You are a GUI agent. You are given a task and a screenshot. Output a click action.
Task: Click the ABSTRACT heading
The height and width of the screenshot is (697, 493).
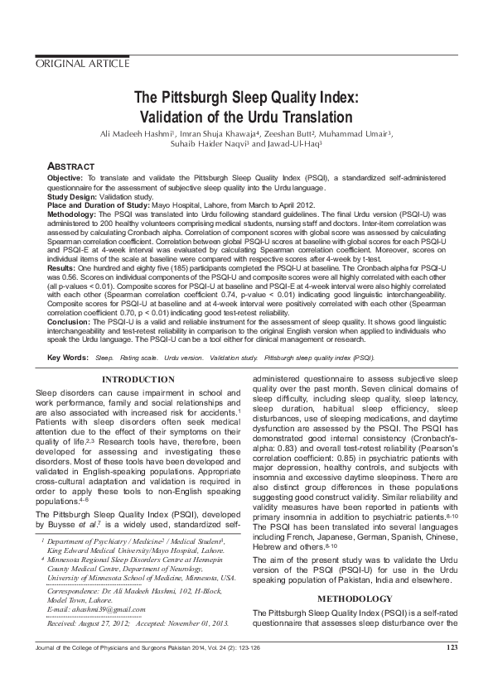pyautogui.click(x=70, y=166)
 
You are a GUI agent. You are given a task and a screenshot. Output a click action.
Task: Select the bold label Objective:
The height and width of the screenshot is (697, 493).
pyautogui.click(x=65, y=177)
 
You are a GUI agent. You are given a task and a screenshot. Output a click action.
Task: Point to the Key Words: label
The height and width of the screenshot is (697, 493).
pyautogui.click(x=67, y=358)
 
